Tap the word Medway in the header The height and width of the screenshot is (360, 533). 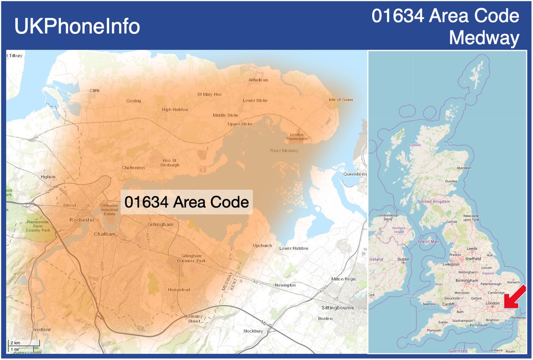coord(484,38)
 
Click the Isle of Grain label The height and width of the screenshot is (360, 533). coord(341,99)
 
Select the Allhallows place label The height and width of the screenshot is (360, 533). coord(258,80)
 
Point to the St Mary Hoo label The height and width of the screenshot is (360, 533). coord(209,94)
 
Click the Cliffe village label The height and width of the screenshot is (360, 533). coord(95,90)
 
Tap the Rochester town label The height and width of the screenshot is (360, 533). coord(82,220)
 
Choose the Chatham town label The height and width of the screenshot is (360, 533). coord(105,234)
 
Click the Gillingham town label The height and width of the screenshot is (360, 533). coord(160,224)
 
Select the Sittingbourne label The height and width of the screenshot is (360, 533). coord(337,307)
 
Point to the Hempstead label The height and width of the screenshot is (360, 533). coord(179,290)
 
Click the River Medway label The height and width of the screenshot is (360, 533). coord(284,151)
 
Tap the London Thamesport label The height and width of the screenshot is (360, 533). coord(297,136)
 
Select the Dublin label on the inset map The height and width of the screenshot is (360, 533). coord(403,259)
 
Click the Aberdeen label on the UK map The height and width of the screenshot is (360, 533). coord(464,168)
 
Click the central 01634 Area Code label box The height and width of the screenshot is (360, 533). coord(187,202)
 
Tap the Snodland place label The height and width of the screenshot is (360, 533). coord(42,330)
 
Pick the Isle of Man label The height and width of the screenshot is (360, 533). coord(428,241)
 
